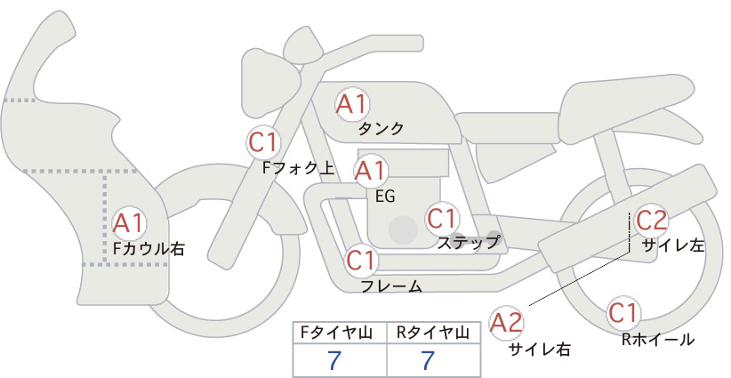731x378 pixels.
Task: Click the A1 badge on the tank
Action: (x=351, y=104)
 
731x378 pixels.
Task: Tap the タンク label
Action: (x=381, y=129)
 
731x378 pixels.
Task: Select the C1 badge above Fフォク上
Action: (x=263, y=142)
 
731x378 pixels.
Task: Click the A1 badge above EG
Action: (x=371, y=171)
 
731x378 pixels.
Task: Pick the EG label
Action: (x=385, y=197)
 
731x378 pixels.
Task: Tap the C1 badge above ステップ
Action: (x=441, y=219)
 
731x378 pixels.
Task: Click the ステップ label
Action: (x=468, y=243)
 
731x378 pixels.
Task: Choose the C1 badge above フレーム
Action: (x=361, y=260)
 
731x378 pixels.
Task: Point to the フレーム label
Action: (x=391, y=286)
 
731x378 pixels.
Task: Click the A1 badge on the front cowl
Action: (x=129, y=223)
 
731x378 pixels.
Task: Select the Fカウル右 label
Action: (x=149, y=249)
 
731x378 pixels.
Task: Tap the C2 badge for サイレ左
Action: (x=652, y=221)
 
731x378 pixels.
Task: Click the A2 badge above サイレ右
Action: (x=506, y=323)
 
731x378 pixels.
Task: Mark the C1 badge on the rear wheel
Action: (x=623, y=313)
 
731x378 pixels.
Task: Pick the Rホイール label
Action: (x=658, y=340)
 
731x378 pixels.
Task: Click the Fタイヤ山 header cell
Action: (x=340, y=333)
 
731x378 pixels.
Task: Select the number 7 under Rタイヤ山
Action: (x=428, y=360)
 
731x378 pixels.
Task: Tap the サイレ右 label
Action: (x=540, y=350)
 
